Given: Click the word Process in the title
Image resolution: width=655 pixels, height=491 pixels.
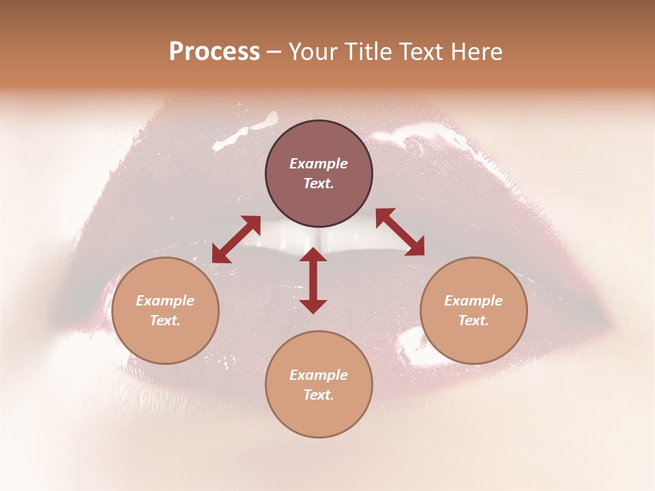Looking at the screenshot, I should tap(214, 52).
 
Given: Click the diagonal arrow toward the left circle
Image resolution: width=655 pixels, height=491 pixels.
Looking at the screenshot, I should tap(236, 239).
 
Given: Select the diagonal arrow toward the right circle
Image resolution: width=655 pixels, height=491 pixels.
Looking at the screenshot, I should tap(400, 232).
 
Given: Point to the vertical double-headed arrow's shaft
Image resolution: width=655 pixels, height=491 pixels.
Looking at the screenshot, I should tap(313, 280).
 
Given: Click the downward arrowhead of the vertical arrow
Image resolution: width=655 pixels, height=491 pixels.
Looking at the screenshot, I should tap(313, 306).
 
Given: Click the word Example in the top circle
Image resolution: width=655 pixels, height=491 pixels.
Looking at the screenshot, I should tap(319, 164).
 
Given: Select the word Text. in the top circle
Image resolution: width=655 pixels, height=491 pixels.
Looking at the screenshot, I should tap(319, 183).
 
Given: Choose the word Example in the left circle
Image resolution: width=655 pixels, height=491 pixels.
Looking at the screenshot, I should tap(165, 301).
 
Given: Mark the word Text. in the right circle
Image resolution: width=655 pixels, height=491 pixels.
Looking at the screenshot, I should tap(474, 321).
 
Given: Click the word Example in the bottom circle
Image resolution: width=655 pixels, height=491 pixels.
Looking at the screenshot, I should tap(319, 375).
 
